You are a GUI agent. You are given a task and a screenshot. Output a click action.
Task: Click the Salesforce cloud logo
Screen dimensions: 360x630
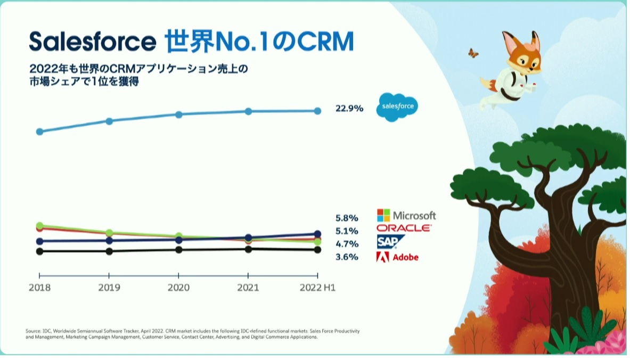coord(397,107)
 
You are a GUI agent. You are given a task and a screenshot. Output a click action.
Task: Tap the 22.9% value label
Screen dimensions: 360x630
coord(349,109)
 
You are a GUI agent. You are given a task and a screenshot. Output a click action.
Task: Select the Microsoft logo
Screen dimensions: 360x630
coord(406,215)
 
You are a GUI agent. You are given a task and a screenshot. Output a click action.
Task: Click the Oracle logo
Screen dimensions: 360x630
coord(404,228)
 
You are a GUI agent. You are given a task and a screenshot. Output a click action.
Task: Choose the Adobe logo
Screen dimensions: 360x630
coord(397,257)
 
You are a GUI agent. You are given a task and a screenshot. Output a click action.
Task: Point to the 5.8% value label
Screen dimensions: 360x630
coord(347,218)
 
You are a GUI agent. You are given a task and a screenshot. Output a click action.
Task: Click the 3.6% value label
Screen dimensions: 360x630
coord(347,257)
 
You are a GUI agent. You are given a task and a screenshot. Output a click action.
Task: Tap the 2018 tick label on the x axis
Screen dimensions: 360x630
coord(39,288)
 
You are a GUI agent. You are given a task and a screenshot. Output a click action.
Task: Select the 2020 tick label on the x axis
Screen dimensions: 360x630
coord(178,288)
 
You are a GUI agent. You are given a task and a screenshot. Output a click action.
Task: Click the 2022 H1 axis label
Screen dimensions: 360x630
coord(317,288)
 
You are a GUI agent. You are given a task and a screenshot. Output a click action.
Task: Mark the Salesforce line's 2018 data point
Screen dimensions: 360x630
coord(39,132)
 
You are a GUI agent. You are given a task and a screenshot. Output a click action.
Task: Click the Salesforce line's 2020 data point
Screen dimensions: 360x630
coord(179,114)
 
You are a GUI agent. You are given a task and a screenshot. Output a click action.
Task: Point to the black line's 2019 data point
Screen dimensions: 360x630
coord(109,251)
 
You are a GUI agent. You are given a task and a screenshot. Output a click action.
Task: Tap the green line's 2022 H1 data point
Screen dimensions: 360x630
coord(317,242)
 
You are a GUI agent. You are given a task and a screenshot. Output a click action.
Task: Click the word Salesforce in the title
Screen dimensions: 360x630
coord(92,41)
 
